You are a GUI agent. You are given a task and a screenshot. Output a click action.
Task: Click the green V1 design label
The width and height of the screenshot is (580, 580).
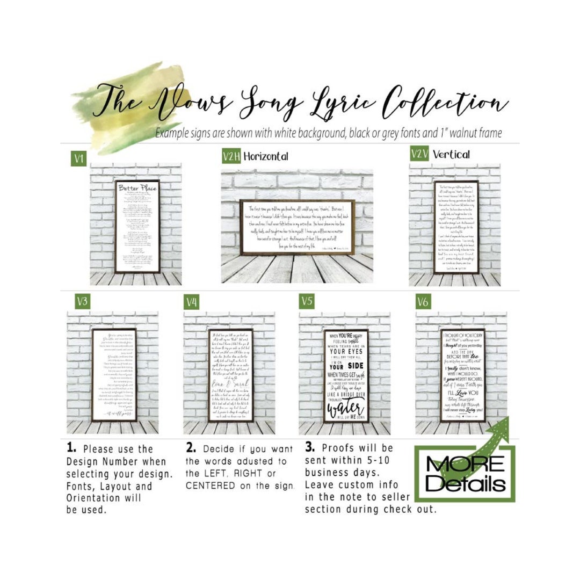[x=79, y=158]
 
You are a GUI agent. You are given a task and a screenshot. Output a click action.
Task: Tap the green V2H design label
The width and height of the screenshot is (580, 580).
[x=231, y=156]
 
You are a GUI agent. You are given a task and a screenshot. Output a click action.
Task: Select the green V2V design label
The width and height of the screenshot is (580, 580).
[x=419, y=154]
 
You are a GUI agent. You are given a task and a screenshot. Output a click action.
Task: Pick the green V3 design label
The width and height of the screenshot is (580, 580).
[x=82, y=302]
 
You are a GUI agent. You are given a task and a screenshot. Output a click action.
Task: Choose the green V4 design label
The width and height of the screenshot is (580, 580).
[x=192, y=302]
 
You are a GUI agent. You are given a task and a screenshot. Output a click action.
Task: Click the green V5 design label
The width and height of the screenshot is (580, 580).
[x=307, y=301]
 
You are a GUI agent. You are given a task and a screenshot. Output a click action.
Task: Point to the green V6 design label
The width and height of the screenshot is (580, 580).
[x=423, y=302]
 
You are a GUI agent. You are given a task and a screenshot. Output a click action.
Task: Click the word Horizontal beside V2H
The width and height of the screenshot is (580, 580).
[x=265, y=156]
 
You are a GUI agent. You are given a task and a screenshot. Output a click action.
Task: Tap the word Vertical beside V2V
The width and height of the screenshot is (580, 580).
[x=451, y=154]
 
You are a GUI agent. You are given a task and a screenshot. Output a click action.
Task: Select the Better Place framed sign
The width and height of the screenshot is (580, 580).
[x=137, y=227]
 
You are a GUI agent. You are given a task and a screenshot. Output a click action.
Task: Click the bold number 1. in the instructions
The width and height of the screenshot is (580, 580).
[x=71, y=448]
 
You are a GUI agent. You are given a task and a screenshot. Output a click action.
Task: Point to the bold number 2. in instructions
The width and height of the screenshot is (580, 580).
[x=191, y=448]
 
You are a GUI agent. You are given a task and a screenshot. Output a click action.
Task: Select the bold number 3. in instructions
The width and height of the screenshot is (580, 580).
[x=309, y=447]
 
